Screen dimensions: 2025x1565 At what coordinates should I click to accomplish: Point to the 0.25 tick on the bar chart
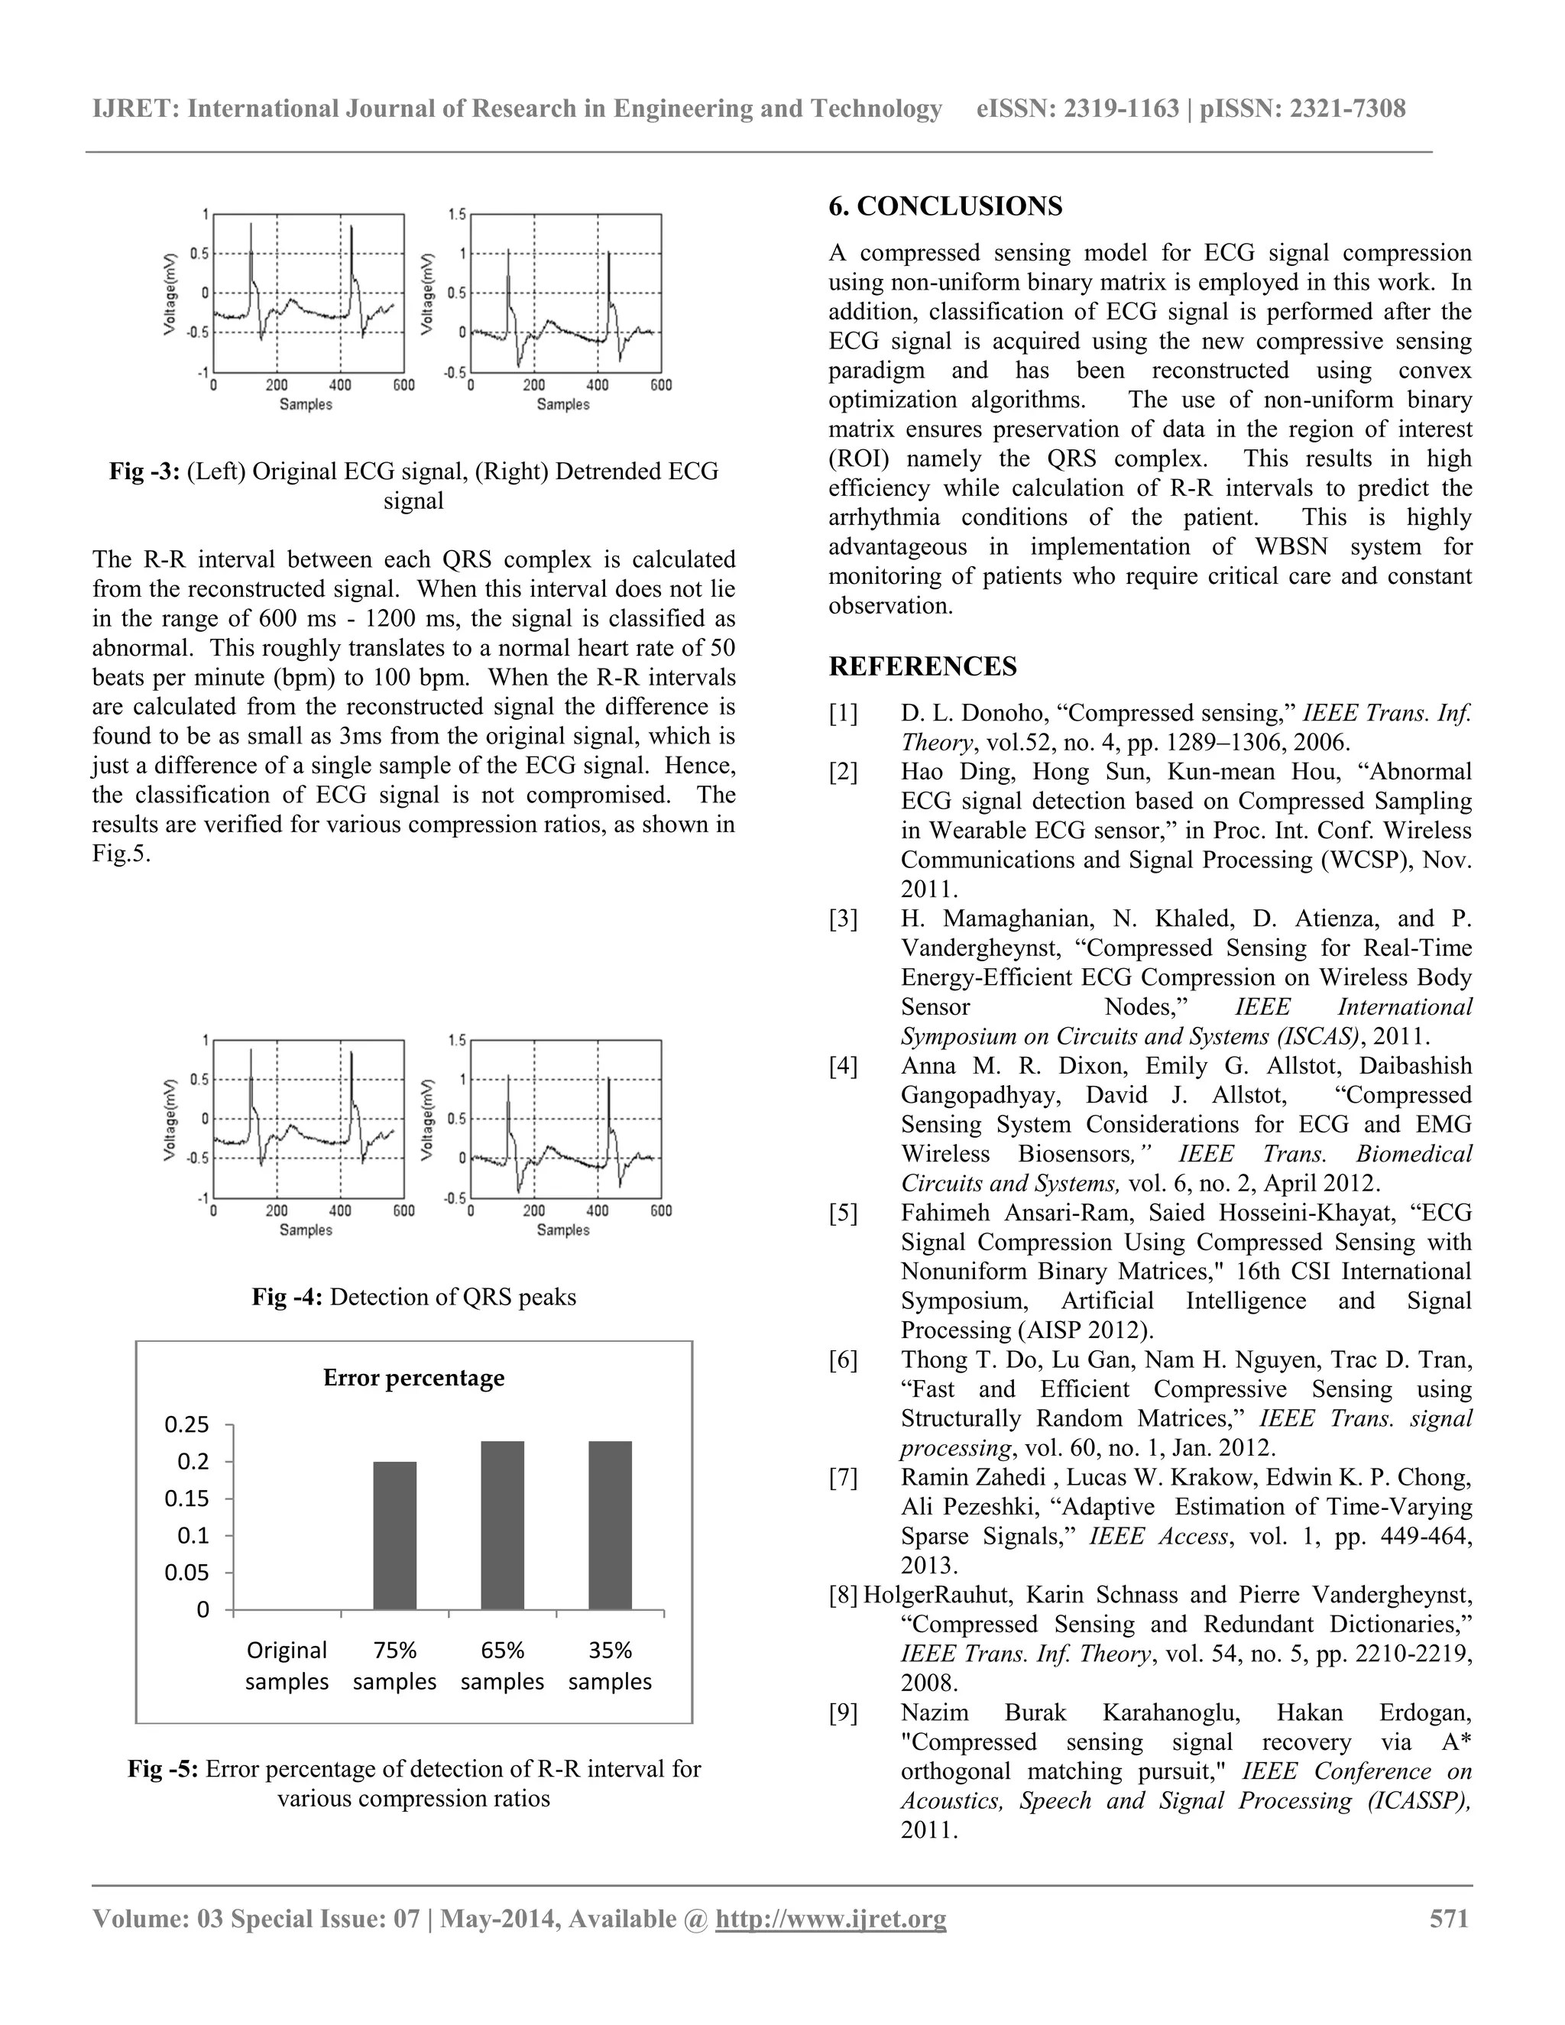tap(187, 1425)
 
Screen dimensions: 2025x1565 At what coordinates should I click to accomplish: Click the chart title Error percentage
tap(413, 1378)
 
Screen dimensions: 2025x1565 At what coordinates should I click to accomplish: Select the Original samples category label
tap(287, 1665)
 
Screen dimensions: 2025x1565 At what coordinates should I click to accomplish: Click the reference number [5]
tap(843, 1213)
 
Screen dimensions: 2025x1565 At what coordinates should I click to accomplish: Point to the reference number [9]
tap(843, 1712)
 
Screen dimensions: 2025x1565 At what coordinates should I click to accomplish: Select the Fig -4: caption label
tap(287, 1296)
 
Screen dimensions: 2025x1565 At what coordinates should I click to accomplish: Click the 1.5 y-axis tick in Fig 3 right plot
tap(456, 214)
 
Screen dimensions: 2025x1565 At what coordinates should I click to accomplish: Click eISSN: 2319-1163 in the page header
tap(1077, 109)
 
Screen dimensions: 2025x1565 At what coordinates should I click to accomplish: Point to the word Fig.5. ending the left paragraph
tap(121, 854)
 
